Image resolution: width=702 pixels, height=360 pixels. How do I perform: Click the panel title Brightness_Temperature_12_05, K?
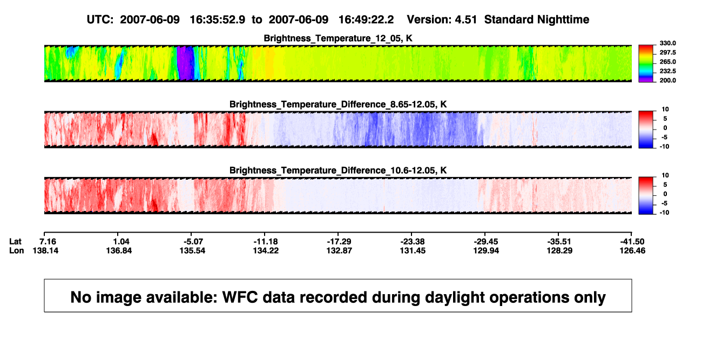click(x=338, y=38)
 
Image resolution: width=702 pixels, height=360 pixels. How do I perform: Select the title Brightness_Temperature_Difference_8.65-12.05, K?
click(x=338, y=104)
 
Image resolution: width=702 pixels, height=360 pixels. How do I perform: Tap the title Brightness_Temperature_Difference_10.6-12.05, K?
click(x=338, y=171)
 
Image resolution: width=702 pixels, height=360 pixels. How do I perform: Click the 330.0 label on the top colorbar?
click(x=667, y=43)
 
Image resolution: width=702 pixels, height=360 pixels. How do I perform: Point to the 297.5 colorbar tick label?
click(x=667, y=52)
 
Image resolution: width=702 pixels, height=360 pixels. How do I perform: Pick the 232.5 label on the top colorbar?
click(x=667, y=71)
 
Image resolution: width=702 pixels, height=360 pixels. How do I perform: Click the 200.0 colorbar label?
click(x=667, y=80)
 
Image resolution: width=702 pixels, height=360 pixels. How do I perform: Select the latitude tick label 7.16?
click(x=48, y=242)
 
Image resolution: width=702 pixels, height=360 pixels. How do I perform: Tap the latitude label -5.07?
click(x=193, y=242)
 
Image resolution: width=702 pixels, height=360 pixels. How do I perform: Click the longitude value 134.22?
click(x=266, y=250)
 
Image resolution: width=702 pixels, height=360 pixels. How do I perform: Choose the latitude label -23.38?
click(x=413, y=242)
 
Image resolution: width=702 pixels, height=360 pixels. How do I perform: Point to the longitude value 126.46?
click(x=632, y=250)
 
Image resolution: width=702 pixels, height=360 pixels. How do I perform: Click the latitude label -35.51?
click(x=559, y=242)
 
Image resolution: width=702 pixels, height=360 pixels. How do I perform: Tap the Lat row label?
click(x=15, y=242)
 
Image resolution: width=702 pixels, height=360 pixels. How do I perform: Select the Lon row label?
click(x=17, y=250)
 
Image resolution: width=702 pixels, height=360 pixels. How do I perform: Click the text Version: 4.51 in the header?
click(x=442, y=19)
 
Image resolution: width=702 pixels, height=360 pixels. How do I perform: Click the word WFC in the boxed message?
click(x=240, y=297)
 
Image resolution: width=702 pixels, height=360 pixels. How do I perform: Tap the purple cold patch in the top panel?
click(x=186, y=63)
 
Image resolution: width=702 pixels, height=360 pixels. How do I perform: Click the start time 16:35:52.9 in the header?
click(x=218, y=19)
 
